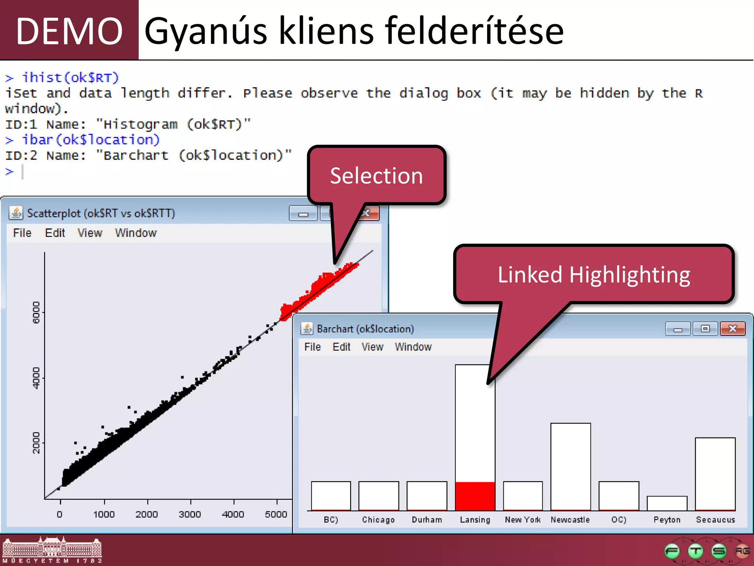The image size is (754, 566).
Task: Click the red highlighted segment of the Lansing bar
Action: [x=475, y=496]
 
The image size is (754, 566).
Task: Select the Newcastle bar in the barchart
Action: [x=570, y=467]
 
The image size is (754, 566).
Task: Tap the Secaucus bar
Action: [x=715, y=474]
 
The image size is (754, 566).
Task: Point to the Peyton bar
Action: [x=667, y=503]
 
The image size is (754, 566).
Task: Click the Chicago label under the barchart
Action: [x=378, y=520]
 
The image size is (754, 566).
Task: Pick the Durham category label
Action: [x=427, y=520]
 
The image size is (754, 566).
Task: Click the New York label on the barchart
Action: [x=522, y=520]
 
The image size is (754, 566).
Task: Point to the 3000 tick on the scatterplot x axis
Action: [x=190, y=514]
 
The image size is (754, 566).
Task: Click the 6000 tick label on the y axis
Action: [x=36, y=312]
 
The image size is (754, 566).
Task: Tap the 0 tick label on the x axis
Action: [x=60, y=514]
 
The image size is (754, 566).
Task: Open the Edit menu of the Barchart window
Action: [x=341, y=347]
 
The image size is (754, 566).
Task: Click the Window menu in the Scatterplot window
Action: [x=136, y=233]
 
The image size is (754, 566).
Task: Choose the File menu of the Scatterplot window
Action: [x=22, y=233]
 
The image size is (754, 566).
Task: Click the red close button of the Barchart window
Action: [x=733, y=328]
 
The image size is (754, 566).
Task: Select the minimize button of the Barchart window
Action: [x=678, y=328]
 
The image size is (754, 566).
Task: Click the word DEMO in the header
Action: [x=69, y=31]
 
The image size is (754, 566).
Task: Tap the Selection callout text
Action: [x=376, y=176]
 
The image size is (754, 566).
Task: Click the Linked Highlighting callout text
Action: [x=594, y=275]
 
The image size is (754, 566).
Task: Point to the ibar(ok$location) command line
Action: [x=91, y=140]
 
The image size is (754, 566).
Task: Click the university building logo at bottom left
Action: [x=52, y=549]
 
